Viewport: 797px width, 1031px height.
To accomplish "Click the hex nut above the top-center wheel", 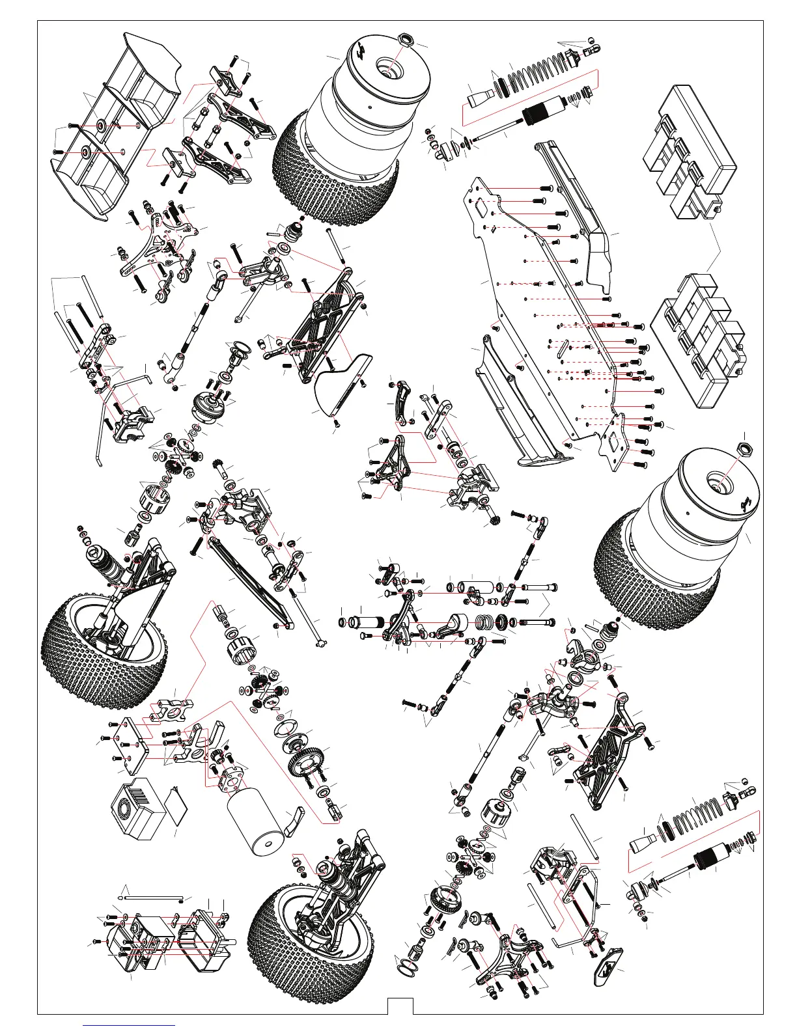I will point(404,39).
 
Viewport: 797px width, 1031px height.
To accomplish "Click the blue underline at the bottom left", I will point(130,1024).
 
